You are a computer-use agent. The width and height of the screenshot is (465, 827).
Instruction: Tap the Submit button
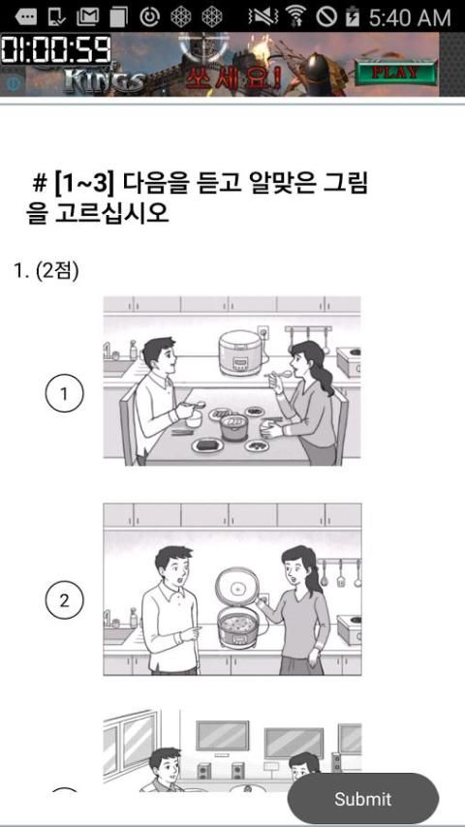(x=362, y=799)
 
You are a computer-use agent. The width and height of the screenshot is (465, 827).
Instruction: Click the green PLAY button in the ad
(x=396, y=73)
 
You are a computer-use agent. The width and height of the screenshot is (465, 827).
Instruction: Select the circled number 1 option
(x=64, y=393)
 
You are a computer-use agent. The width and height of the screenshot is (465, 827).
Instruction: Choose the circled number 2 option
(x=64, y=600)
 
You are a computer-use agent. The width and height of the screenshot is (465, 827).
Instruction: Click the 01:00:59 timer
(x=55, y=50)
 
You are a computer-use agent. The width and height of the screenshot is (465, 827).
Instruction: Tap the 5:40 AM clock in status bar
(x=409, y=17)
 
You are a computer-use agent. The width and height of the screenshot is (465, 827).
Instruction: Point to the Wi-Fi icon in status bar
(x=297, y=16)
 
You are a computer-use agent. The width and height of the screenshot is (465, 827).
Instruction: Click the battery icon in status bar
(x=352, y=17)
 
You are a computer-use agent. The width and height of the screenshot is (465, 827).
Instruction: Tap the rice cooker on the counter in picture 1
(x=240, y=352)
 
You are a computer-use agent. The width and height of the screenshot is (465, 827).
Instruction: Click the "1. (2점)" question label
(x=46, y=271)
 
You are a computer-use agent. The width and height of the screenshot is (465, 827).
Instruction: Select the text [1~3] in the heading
(x=83, y=184)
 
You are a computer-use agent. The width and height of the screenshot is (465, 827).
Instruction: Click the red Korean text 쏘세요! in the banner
(x=232, y=77)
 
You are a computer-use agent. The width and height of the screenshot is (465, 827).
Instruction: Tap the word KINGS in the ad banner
(x=103, y=80)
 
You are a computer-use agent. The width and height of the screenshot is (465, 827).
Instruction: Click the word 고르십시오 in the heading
(x=111, y=212)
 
